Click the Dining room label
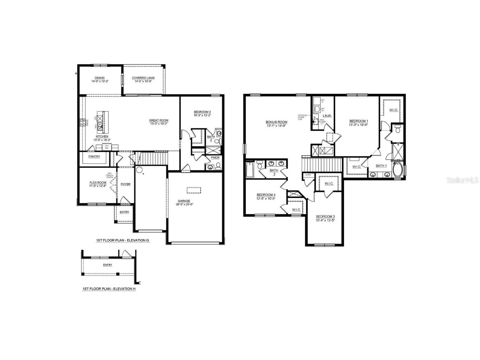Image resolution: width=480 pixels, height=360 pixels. click(x=99, y=78)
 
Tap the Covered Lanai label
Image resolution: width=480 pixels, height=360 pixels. click(x=143, y=78)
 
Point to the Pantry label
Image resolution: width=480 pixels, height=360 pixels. click(x=94, y=156)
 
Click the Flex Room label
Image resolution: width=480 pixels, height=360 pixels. click(x=98, y=182)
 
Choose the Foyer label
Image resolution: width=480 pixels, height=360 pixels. click(x=125, y=184)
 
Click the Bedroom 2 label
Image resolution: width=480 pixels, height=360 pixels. click(x=202, y=112)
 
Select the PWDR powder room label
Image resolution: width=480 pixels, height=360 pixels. click(x=215, y=158)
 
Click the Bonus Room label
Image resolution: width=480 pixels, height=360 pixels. click(x=276, y=122)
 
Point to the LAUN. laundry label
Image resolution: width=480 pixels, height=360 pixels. click(x=327, y=116)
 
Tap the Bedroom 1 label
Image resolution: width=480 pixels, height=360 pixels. click(x=358, y=121)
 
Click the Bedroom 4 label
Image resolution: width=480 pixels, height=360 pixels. click(x=266, y=195)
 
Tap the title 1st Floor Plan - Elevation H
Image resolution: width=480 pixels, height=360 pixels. click(x=109, y=289)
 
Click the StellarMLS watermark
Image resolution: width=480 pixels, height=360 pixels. click(x=462, y=180)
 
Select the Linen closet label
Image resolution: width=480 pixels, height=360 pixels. click(x=308, y=175)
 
